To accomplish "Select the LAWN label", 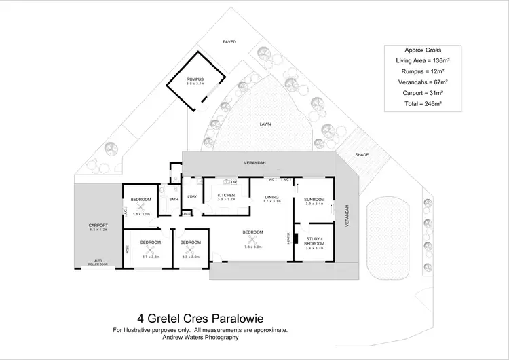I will click(x=265, y=124).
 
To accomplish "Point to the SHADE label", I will click(x=361, y=155).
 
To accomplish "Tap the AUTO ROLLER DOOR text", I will click(x=98, y=262).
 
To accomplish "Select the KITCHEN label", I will click(x=226, y=195).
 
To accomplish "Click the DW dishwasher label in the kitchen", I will click(x=233, y=183).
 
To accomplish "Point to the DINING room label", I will click(x=272, y=198).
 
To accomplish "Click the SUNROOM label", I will click(x=315, y=199).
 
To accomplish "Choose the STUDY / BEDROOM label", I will click(x=316, y=240).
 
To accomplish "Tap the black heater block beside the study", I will click(x=296, y=238).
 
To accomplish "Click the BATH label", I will click(x=174, y=199).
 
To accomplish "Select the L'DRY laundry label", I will click(x=192, y=196).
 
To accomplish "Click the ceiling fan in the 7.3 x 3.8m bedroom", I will click(x=252, y=241).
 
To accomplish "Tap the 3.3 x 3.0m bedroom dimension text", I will click(x=191, y=257).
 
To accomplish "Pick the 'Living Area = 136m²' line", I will click(x=419, y=60).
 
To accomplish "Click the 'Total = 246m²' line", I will click(x=419, y=103).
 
